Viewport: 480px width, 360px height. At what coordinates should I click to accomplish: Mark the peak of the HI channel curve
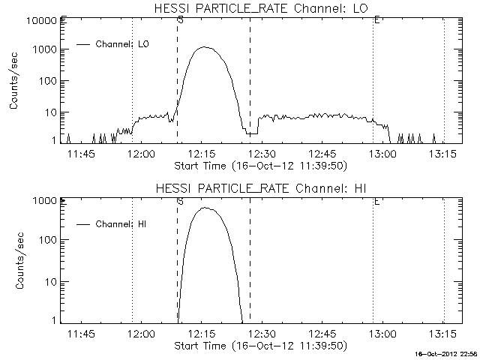pyautogui.click(x=204, y=208)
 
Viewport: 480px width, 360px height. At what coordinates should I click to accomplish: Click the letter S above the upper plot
pyautogui.click(x=180, y=20)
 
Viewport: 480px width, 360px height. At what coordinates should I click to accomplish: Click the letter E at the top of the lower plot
pyautogui.click(x=376, y=202)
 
